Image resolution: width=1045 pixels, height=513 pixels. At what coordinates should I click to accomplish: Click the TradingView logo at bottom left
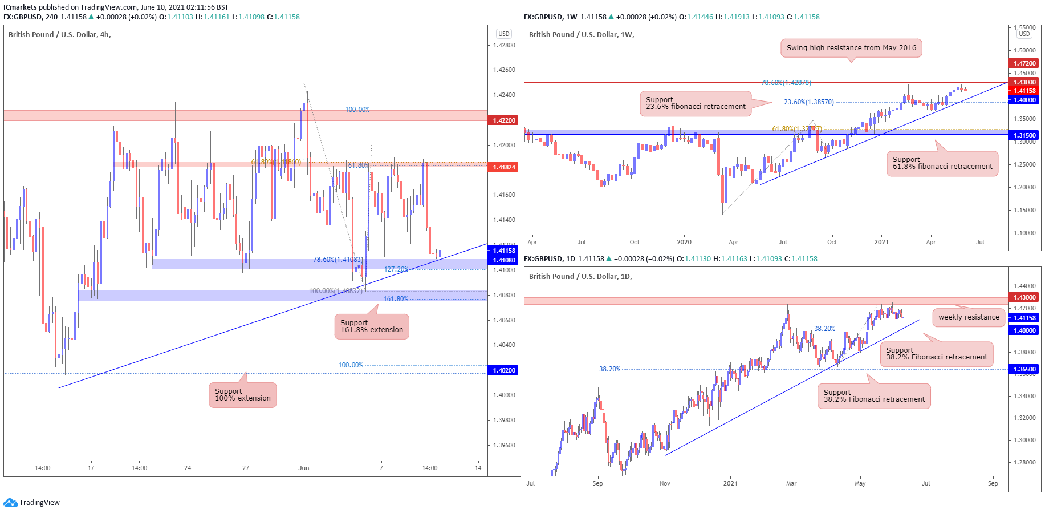pos(31,503)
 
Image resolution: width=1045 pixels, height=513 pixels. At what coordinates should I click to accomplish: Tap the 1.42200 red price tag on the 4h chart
pos(503,120)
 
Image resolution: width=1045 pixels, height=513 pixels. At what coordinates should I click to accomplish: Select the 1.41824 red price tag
pos(503,167)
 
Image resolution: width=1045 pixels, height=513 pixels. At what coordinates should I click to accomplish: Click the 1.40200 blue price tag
pos(503,370)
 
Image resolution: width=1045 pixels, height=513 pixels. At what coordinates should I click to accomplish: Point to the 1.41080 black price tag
pos(503,260)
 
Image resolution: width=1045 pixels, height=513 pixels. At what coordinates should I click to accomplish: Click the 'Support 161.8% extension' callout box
pos(372,326)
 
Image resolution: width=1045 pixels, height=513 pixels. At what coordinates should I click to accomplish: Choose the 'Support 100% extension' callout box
pos(243,395)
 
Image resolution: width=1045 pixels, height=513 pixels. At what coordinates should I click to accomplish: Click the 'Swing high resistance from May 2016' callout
pos(851,48)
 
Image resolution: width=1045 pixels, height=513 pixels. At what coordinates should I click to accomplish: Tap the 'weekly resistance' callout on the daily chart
pos(969,317)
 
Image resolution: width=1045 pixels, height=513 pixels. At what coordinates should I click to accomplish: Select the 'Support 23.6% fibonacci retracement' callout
pos(696,103)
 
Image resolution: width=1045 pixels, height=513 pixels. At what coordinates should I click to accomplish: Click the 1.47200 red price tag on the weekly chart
pos(1024,63)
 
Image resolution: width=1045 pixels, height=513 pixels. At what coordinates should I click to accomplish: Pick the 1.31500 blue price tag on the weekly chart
pos(1024,135)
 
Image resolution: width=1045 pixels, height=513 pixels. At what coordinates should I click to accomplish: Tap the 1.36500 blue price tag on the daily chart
pos(1024,369)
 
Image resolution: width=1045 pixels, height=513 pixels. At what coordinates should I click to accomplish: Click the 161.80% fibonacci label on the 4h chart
pos(396,299)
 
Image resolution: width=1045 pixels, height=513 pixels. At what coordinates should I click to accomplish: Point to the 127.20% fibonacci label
pos(396,269)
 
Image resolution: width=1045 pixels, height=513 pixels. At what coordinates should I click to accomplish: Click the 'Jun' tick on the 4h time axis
pos(304,468)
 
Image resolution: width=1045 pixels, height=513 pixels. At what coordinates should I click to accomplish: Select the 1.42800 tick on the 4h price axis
pos(504,45)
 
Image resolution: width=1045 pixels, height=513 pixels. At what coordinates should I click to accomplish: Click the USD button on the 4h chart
pos(504,34)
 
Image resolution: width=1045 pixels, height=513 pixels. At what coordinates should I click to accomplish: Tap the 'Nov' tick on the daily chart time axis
pos(665,483)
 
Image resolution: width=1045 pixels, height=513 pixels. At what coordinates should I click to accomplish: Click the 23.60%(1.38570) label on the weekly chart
pos(808,102)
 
